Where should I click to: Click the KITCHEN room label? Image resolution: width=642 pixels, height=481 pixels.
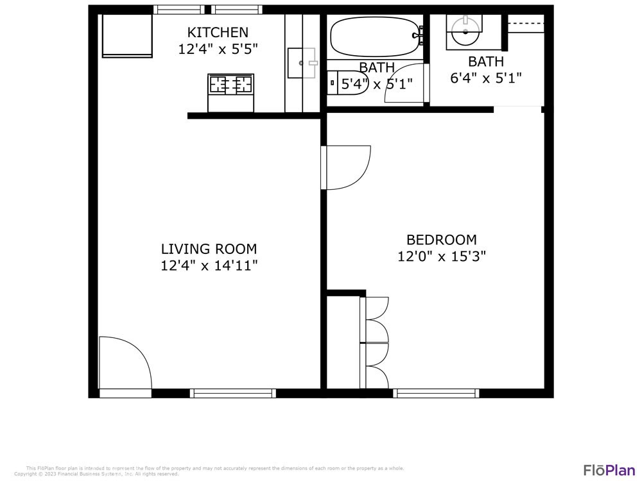218,32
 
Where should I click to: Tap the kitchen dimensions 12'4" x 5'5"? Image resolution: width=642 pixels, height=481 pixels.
218,49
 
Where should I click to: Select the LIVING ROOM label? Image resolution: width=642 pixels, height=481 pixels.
209,249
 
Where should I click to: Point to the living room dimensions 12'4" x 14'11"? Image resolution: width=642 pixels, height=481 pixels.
209,266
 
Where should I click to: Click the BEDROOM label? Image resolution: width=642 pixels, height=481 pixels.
442,240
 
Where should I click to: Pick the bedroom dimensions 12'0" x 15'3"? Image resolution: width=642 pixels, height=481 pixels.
442,257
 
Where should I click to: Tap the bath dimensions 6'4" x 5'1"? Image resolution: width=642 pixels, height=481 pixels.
486,78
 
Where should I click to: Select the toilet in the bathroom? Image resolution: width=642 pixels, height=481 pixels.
347,83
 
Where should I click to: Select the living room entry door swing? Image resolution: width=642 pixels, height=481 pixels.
125,363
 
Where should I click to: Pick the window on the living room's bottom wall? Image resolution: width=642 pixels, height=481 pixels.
233,393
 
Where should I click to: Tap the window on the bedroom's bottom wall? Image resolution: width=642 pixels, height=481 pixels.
436,393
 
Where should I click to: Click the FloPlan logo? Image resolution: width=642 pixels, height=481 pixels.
609,470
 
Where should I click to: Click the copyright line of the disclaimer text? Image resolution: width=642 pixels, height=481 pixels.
96,475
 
